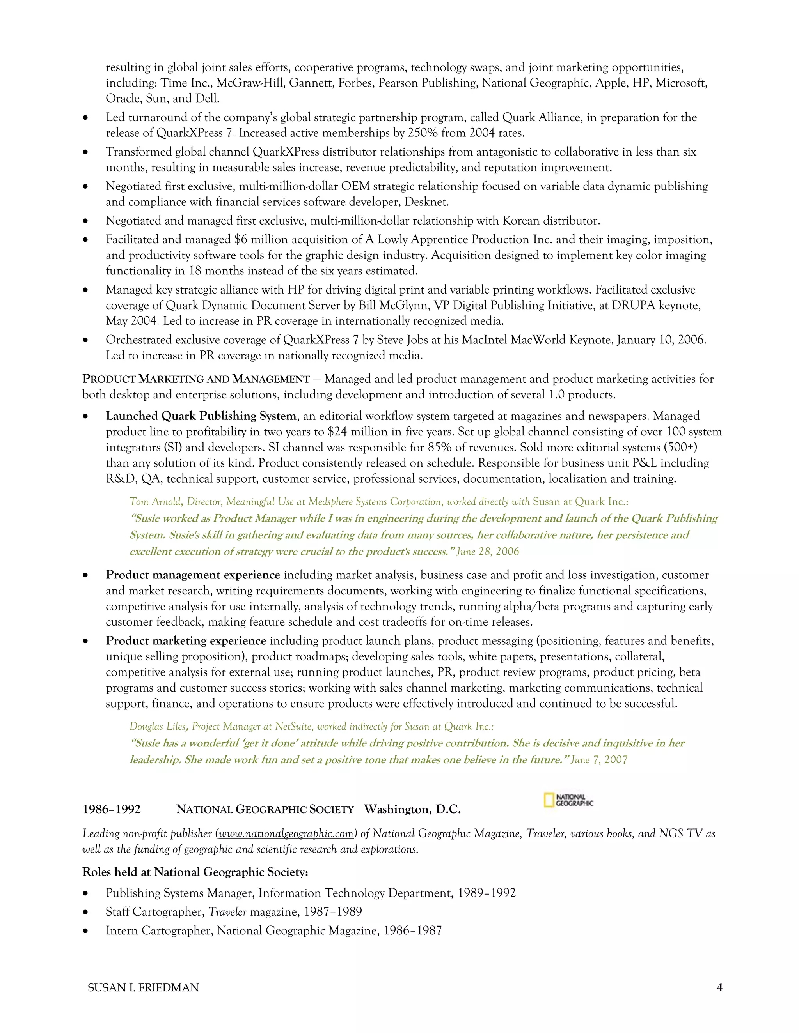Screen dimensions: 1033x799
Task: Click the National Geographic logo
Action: point(568,800)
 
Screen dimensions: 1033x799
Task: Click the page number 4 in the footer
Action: point(719,987)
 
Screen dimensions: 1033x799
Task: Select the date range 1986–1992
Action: point(112,809)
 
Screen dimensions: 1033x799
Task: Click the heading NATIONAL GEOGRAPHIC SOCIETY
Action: point(265,809)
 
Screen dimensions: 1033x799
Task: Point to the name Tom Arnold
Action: point(156,501)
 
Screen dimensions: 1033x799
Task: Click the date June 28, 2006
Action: point(488,552)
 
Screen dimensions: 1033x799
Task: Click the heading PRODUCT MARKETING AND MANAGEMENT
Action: point(196,379)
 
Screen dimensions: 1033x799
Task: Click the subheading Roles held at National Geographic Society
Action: point(195,872)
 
